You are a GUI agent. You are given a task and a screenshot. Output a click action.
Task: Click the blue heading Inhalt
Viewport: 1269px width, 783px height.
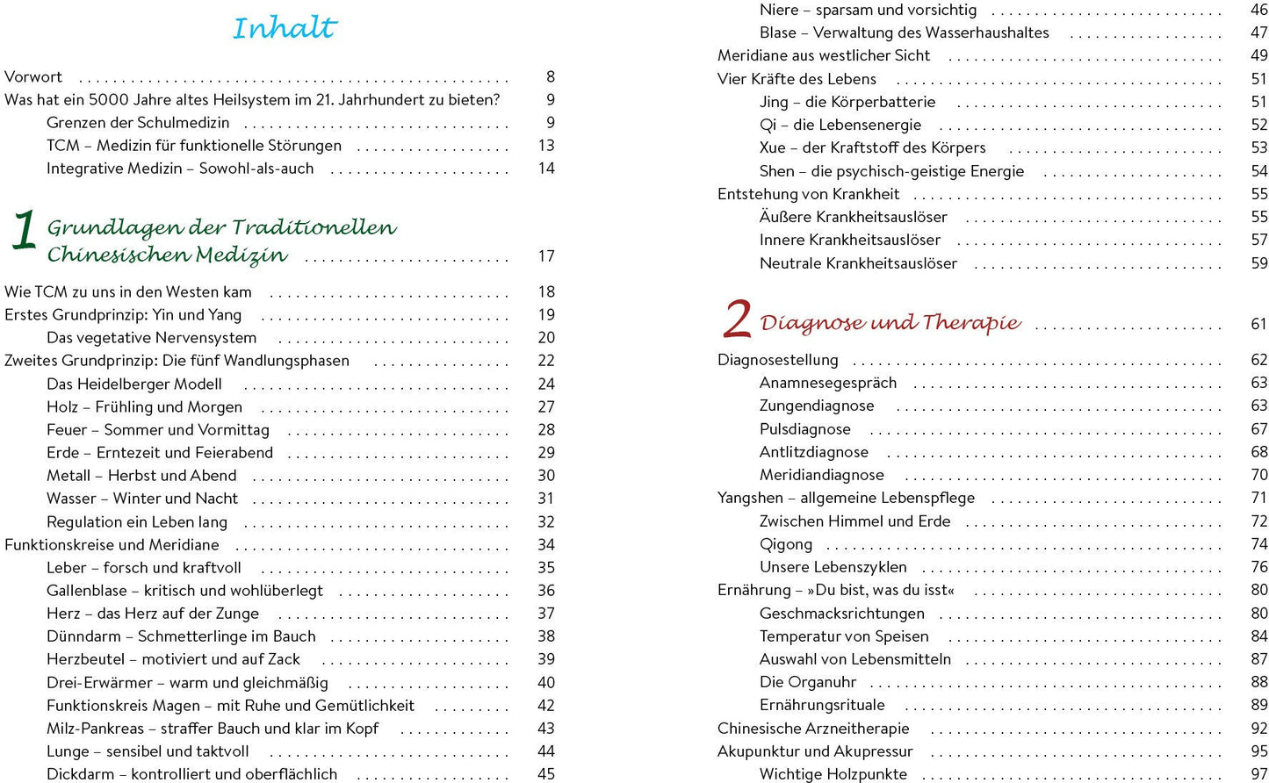285,28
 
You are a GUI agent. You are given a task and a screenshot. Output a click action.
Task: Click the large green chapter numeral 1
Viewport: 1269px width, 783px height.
24,231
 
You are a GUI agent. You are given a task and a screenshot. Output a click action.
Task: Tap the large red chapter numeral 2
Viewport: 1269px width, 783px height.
737,320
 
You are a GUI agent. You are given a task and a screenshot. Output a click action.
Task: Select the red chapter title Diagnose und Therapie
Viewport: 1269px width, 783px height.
890,323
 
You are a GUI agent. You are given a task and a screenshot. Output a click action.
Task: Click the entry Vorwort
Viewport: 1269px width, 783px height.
33,77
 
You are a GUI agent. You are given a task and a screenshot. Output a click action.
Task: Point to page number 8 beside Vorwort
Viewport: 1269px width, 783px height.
551,77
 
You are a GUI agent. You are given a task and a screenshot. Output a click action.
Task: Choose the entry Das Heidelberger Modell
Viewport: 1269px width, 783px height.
133,384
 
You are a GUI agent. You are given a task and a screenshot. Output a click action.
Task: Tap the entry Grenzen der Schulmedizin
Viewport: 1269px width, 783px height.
138,123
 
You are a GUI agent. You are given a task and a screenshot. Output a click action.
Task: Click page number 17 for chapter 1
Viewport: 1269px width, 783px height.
546,256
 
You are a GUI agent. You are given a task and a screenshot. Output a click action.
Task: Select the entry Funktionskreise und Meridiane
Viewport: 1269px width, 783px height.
112,545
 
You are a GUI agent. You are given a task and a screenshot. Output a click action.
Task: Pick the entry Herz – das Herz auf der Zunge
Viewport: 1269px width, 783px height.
153,614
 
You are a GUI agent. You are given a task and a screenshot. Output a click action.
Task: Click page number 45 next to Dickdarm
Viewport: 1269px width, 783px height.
546,774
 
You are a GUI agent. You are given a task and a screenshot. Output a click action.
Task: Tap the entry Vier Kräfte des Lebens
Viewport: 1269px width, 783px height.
797,79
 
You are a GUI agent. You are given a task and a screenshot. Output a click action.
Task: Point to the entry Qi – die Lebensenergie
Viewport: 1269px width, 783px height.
840,125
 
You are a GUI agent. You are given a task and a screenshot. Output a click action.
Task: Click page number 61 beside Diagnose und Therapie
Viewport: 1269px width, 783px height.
1259,325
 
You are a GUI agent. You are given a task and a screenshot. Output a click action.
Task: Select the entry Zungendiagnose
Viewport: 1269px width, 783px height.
817,406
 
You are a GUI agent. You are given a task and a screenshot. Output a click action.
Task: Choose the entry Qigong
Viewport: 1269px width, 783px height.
786,544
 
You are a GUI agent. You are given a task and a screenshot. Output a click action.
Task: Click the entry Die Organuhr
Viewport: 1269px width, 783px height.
808,682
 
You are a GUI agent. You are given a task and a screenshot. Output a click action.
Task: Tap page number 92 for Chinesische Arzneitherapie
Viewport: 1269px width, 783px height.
1259,729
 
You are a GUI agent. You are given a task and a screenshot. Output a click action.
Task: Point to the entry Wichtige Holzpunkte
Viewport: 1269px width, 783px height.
833,774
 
